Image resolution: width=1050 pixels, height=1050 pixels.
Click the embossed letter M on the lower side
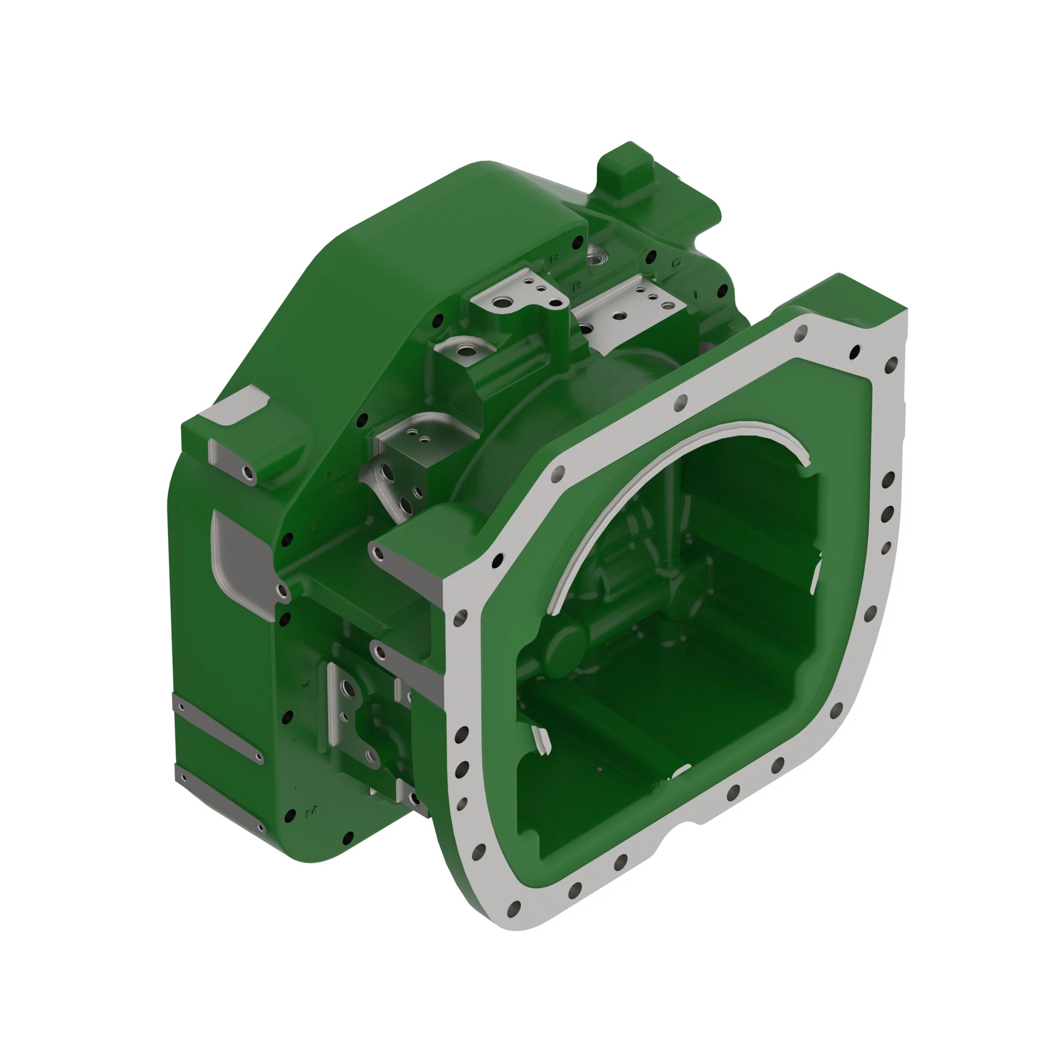pyautogui.click(x=312, y=812)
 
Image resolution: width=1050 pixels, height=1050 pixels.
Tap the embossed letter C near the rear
pyautogui.click(x=677, y=262)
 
